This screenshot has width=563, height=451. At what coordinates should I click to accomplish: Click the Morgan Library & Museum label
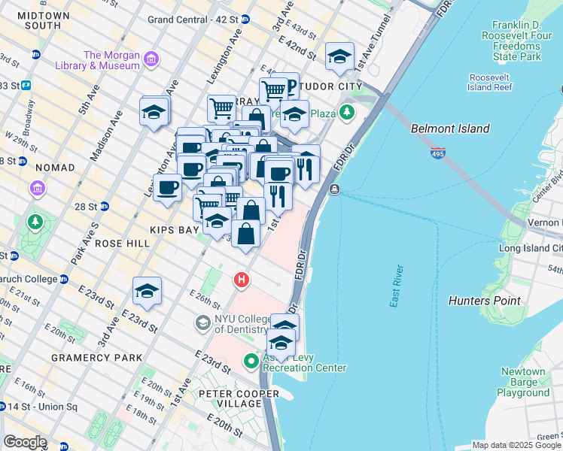point(111,60)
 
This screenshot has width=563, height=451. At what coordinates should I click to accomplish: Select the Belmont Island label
point(450,129)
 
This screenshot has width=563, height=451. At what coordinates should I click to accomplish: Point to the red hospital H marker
point(241,280)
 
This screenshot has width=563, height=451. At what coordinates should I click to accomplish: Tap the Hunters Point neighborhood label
point(484,301)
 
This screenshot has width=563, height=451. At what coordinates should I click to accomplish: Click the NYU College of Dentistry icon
point(202,323)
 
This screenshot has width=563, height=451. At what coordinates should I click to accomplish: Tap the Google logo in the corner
point(25,442)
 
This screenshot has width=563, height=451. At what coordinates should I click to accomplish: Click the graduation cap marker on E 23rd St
point(147,290)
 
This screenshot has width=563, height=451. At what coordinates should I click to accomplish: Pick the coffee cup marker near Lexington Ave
point(166,187)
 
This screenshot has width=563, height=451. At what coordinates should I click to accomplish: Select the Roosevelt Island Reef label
point(490,82)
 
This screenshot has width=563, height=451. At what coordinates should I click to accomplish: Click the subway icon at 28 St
point(105,206)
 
